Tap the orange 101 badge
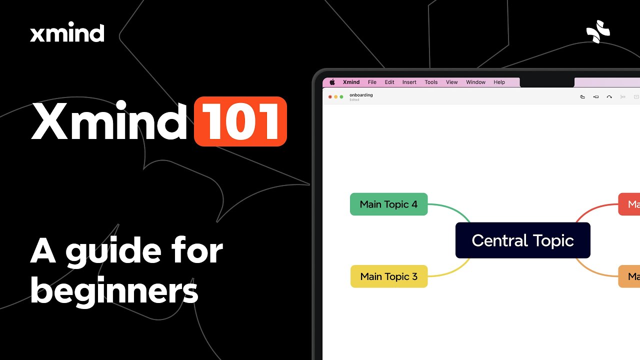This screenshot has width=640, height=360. (240, 121)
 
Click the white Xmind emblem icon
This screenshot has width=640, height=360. (598, 31)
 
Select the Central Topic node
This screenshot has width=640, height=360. (522, 240)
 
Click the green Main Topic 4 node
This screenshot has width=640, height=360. (388, 204)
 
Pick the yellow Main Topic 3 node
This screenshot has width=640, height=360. (388, 276)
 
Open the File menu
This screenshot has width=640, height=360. (372, 82)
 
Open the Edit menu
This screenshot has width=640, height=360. (389, 82)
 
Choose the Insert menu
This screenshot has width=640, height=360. (409, 82)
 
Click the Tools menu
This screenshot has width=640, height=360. (431, 82)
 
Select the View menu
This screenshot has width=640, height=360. (451, 82)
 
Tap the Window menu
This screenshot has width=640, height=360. (475, 82)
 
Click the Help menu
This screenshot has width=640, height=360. (499, 82)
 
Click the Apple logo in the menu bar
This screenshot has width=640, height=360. (332, 82)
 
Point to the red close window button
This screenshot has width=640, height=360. (330, 96)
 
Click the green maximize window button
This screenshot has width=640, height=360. (341, 96)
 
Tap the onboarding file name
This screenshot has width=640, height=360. (361, 95)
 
